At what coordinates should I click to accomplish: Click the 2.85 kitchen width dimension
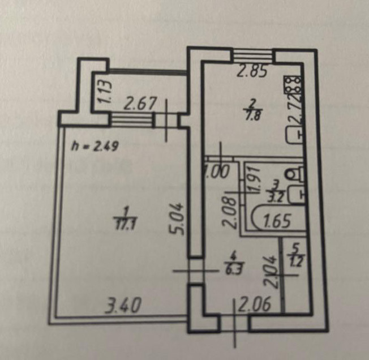point(251,72)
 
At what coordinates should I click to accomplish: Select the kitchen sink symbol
point(294,135)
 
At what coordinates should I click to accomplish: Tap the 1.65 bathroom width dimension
point(276,220)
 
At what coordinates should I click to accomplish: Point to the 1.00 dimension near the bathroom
point(217,173)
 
